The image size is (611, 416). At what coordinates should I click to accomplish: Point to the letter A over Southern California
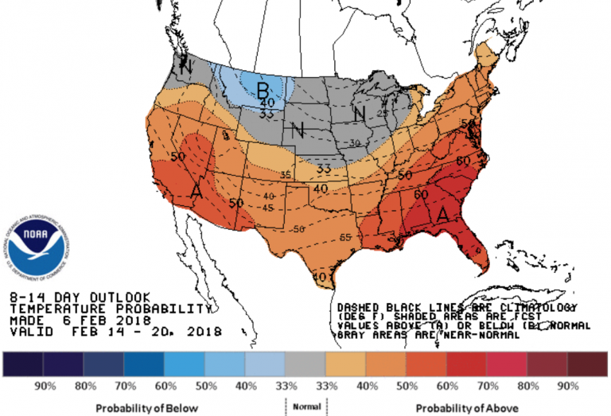[x=195, y=191]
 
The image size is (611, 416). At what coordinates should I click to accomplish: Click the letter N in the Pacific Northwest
[x=185, y=68]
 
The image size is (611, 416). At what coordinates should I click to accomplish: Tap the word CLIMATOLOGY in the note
[x=548, y=306]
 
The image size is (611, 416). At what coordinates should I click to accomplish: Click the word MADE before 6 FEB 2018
[x=24, y=319]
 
